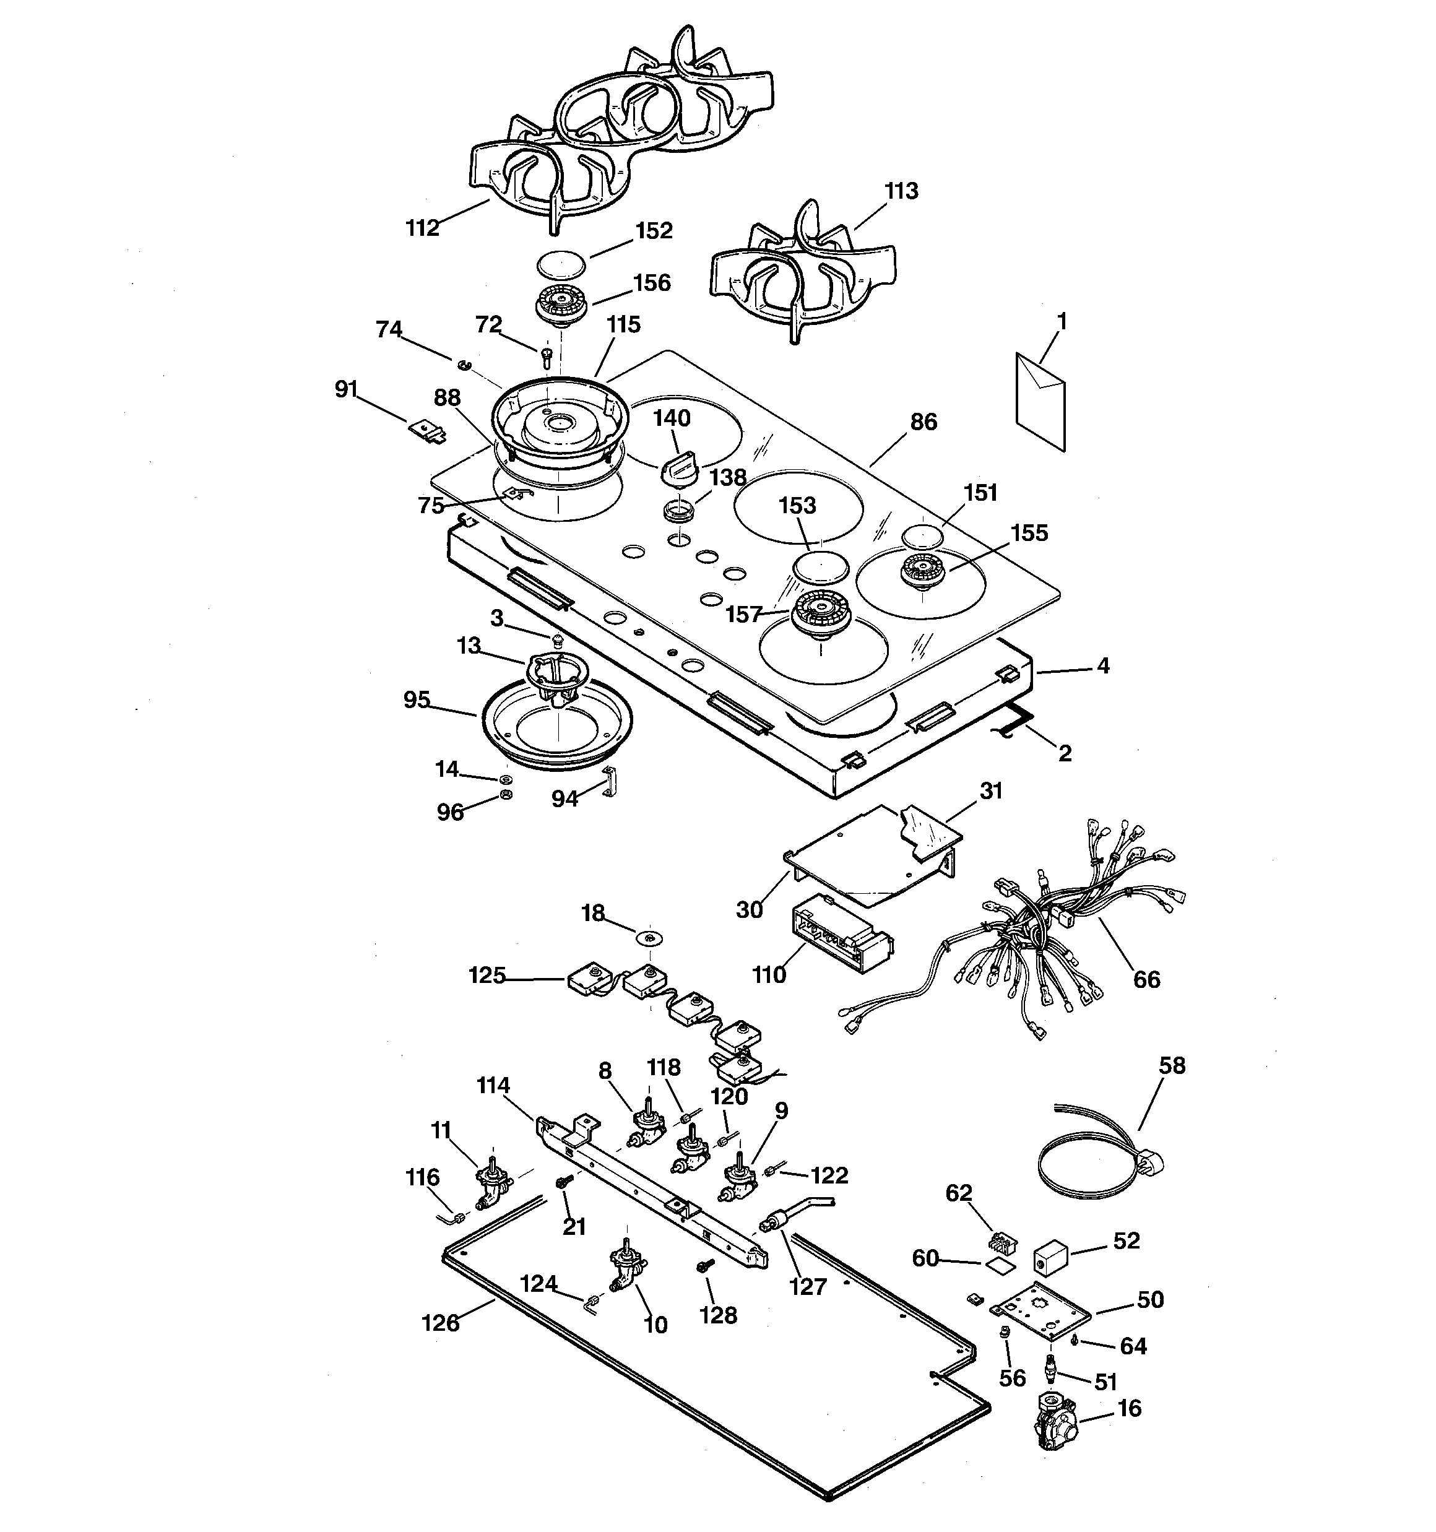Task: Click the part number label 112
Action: coord(422,228)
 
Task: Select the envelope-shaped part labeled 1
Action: coord(1040,400)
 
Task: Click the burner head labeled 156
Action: coord(560,305)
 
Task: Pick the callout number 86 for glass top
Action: coord(923,422)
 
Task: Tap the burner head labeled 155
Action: coord(923,569)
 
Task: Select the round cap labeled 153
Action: coord(821,567)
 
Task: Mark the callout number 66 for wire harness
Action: coord(1146,979)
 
